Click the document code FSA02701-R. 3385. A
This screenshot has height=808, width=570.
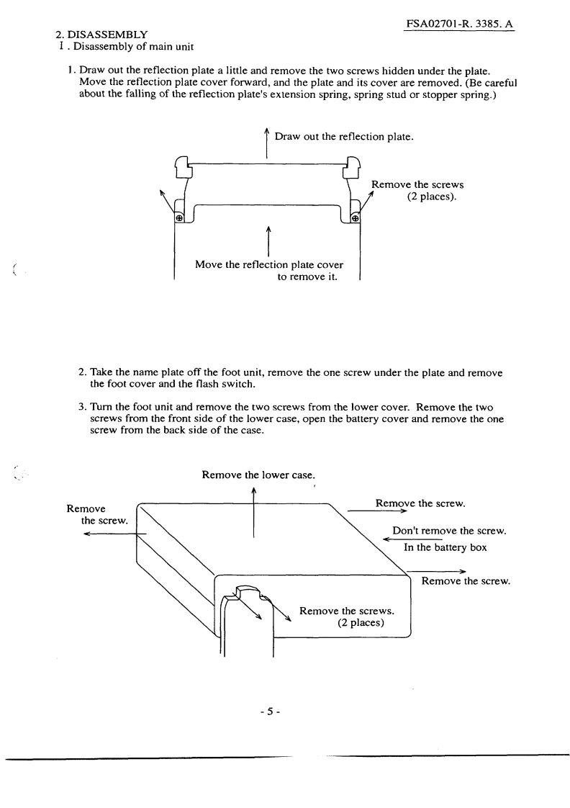[461, 24]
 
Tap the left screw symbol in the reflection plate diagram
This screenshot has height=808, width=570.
[179, 217]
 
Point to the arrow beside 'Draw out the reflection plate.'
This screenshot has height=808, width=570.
[267, 143]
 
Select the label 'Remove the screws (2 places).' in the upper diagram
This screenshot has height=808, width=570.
[417, 191]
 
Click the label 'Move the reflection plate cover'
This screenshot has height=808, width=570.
[269, 265]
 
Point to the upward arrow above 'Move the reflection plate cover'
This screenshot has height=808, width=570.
[268, 241]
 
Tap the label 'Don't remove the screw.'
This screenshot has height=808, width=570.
[449, 531]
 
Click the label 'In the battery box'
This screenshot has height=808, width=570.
[445, 547]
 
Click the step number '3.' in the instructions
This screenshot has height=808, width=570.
[82, 406]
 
